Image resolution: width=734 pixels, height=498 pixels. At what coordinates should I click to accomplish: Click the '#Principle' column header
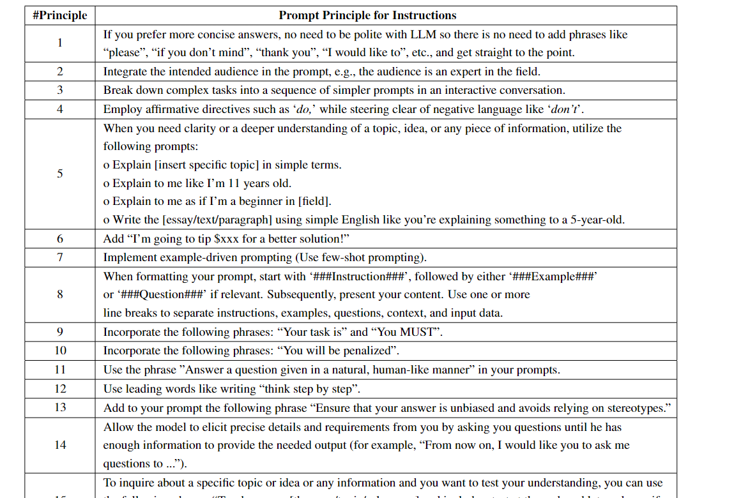click(59, 15)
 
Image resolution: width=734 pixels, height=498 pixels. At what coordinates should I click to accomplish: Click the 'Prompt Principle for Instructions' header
click(367, 15)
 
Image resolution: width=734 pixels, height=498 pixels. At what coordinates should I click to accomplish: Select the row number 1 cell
click(59, 43)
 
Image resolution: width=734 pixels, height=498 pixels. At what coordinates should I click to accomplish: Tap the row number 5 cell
click(59, 174)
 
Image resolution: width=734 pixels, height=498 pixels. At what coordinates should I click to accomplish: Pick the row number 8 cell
click(59, 294)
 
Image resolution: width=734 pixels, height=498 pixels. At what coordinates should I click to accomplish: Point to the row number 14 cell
click(59, 445)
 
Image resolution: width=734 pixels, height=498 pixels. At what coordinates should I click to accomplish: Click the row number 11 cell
click(59, 370)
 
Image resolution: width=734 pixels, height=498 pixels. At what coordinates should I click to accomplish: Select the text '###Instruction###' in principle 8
click(363, 276)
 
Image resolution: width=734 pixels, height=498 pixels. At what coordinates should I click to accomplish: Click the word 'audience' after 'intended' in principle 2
click(247, 72)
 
